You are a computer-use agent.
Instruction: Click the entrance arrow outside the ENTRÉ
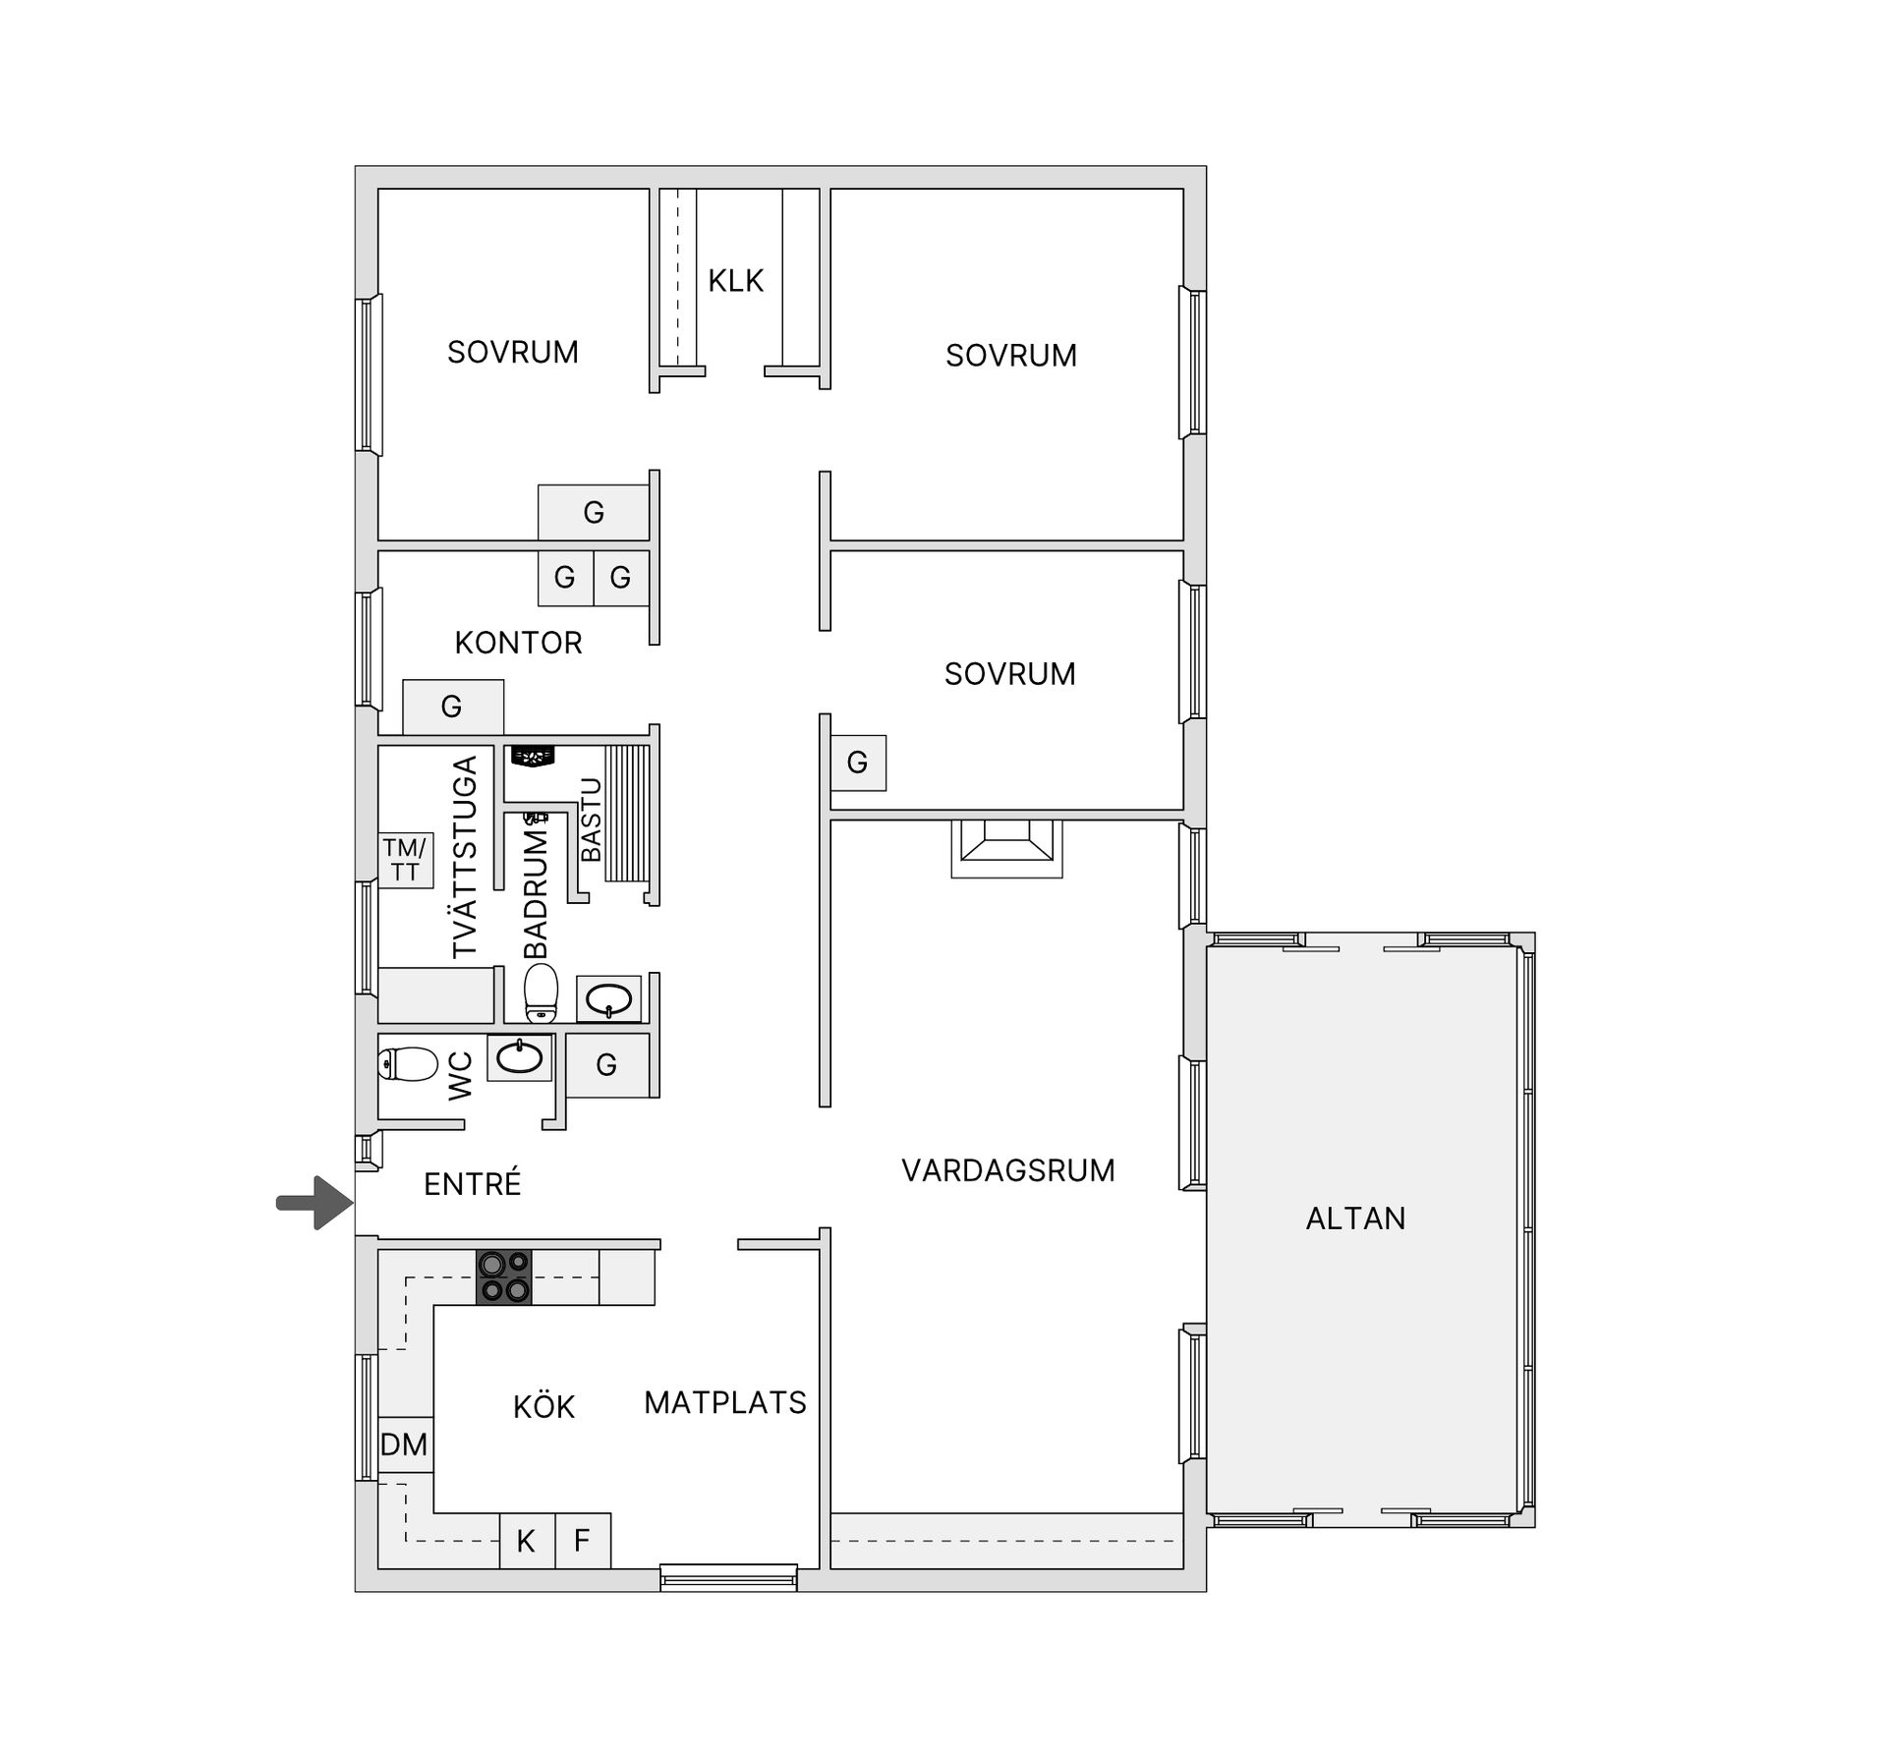[314, 1202]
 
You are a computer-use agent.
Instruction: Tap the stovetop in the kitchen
[504, 1276]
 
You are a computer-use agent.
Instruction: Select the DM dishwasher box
[405, 1444]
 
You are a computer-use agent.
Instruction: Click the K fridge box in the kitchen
[528, 1541]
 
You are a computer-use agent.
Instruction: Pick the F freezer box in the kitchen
[583, 1541]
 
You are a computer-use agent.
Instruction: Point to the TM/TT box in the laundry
[406, 861]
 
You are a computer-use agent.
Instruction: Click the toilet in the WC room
[408, 1063]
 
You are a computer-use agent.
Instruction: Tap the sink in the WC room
[520, 1057]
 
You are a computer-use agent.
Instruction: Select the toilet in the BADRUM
[541, 992]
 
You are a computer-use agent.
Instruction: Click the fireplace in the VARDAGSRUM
[1006, 849]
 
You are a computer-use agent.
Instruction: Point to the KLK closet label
[736, 281]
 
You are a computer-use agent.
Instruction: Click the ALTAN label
[1355, 1218]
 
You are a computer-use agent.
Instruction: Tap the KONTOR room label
[519, 643]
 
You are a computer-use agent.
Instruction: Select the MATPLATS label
[725, 1402]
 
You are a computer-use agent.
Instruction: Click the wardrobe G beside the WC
[607, 1064]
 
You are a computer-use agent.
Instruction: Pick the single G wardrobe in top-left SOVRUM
[594, 512]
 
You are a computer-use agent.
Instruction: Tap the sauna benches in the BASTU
[628, 813]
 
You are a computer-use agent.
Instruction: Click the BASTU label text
[591, 820]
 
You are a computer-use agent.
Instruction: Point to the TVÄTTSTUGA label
[464, 856]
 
